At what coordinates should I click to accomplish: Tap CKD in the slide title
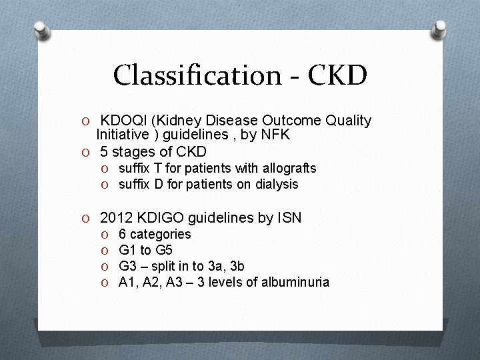tap(337, 75)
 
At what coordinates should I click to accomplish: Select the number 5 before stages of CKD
tap(104, 151)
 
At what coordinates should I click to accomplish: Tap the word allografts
tap(287, 168)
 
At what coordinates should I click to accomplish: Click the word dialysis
tap(275, 183)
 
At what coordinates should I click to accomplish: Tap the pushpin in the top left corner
tap(41, 30)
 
